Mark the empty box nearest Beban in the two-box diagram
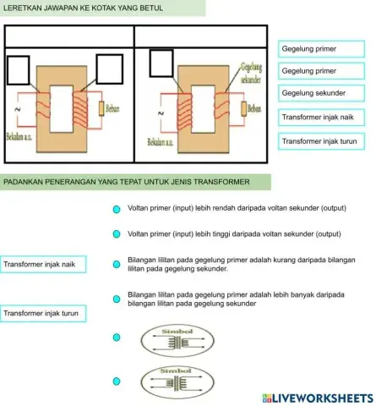(110, 69)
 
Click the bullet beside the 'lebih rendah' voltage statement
(117, 208)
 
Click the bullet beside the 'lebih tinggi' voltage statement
(117, 233)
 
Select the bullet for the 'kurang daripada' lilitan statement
(117, 263)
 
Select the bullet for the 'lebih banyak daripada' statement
(117, 298)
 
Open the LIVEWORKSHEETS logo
(318, 397)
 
